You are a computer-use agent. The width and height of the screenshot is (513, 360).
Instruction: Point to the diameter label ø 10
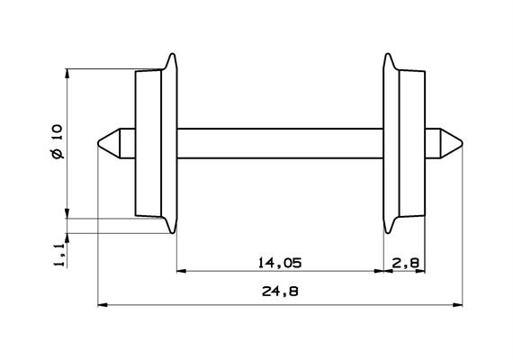tap(57, 143)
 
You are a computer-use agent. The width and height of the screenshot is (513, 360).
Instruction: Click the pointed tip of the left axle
tap(97, 142)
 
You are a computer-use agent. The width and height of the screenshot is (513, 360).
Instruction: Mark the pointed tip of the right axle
tap(462, 142)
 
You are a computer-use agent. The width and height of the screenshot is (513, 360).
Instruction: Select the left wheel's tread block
tap(148, 143)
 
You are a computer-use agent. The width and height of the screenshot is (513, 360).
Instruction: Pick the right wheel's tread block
tap(410, 143)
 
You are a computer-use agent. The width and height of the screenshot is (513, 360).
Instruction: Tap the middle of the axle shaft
tap(279, 142)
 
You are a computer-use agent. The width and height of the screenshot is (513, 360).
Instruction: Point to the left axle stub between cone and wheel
tap(127, 142)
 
